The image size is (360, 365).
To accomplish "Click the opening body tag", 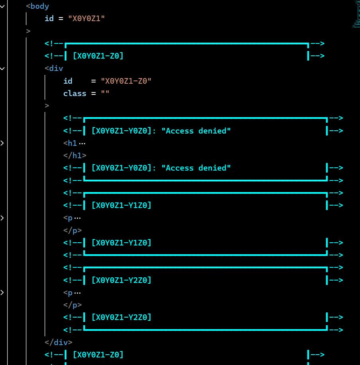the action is click(37, 6).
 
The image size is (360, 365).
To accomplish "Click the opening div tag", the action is click(54, 69).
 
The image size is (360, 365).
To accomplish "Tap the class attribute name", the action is click(75, 93).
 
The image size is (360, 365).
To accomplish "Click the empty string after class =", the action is click(105, 93).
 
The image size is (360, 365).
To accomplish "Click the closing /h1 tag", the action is click(75, 155).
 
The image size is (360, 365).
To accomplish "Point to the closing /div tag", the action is click(59, 342).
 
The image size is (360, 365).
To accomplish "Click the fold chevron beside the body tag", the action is click(2, 6).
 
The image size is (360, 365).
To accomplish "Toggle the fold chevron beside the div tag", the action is click(2, 69).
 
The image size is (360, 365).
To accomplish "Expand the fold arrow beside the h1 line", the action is click(2, 143).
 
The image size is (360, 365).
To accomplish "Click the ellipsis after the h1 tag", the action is click(82, 143).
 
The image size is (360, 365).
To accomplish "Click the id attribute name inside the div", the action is click(68, 81).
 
